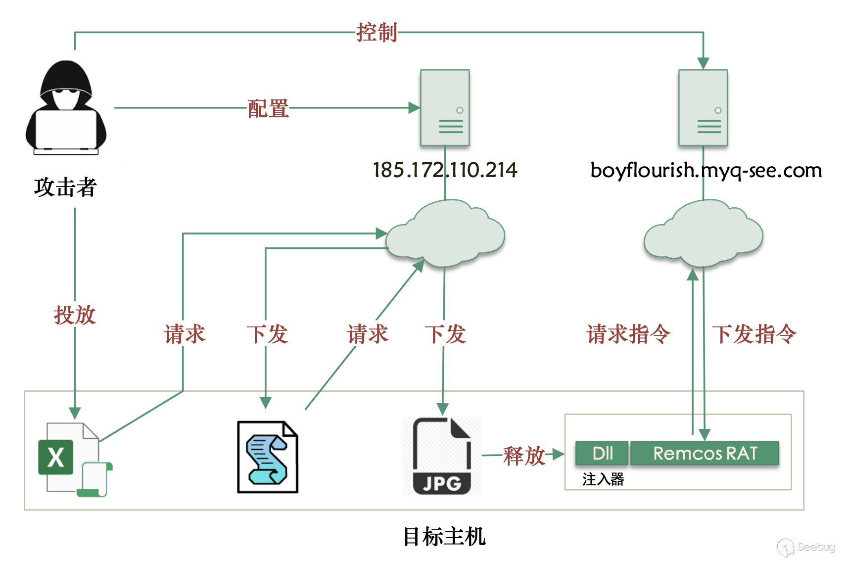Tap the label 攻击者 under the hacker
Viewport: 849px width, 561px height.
pyautogui.click(x=65, y=187)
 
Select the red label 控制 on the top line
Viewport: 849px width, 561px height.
pyautogui.click(x=377, y=33)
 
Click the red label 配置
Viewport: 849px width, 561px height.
pyautogui.click(x=268, y=108)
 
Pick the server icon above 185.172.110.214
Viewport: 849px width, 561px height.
pyautogui.click(x=445, y=108)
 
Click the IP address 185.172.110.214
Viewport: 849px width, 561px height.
pyautogui.click(x=445, y=170)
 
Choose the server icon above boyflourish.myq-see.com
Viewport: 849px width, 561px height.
pyautogui.click(x=703, y=108)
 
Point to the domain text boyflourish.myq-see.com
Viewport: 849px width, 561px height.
pyautogui.click(x=706, y=170)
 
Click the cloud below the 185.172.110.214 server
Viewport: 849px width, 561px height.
pyautogui.click(x=445, y=234)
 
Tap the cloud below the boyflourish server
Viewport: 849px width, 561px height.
pyautogui.click(x=703, y=234)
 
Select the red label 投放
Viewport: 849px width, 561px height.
pyautogui.click(x=75, y=315)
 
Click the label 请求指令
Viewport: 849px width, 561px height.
pyautogui.click(x=628, y=334)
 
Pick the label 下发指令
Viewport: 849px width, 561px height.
pyautogui.click(x=754, y=334)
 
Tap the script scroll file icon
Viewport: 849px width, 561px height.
pyautogui.click(x=267, y=457)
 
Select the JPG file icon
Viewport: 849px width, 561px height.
pyautogui.click(x=442, y=456)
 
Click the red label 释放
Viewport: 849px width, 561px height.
pyautogui.click(x=524, y=456)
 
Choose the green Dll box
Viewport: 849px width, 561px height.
pyautogui.click(x=602, y=453)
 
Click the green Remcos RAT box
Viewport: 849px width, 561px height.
pyautogui.click(x=705, y=453)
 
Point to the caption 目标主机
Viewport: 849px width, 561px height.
pyautogui.click(x=444, y=537)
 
